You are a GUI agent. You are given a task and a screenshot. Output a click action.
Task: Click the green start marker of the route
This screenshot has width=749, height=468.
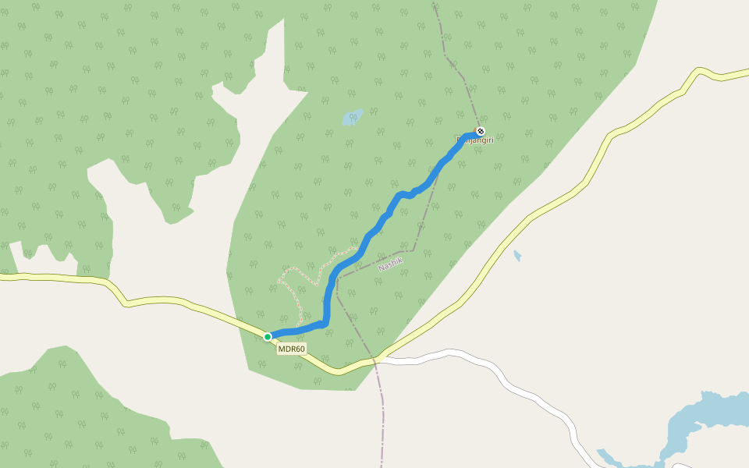pyautogui.click(x=268, y=337)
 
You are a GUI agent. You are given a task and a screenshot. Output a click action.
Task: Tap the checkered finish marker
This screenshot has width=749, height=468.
pyautogui.click(x=481, y=131)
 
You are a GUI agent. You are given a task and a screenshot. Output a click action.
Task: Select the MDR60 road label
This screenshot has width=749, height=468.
pyautogui.click(x=292, y=349)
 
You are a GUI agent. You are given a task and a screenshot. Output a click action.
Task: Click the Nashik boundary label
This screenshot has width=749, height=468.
pyautogui.click(x=389, y=264)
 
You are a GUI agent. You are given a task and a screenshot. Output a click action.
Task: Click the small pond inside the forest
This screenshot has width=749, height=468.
pyautogui.click(x=352, y=118)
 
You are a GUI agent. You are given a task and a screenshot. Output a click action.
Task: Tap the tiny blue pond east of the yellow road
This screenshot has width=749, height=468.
pyautogui.click(x=517, y=255)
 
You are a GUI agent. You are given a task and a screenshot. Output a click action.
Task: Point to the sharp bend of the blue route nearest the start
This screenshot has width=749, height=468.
pyautogui.click(x=325, y=321)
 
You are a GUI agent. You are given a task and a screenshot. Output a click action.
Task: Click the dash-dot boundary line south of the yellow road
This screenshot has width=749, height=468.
pyautogui.click(x=382, y=413)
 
